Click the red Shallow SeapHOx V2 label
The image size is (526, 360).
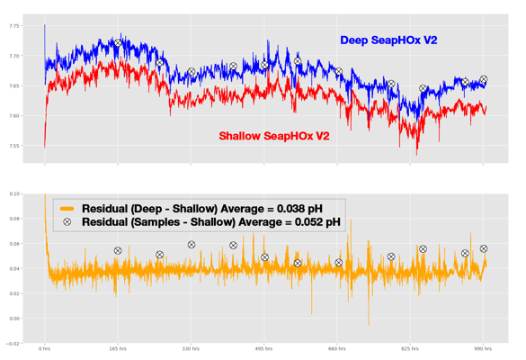tap(274, 137)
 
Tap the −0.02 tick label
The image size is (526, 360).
tap(13, 343)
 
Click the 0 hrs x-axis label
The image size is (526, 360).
tap(45, 348)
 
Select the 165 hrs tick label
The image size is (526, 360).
tap(118, 348)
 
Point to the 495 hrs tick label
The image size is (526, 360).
tap(264, 348)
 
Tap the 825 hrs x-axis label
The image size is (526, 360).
tap(410, 348)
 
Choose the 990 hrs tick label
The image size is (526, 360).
tap(483, 348)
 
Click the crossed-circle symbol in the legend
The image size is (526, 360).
tap(67, 221)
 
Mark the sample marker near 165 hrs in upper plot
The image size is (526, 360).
tap(118, 43)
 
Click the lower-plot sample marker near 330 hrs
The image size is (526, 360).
tap(192, 245)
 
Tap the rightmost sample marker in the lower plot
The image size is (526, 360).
tap(484, 249)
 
